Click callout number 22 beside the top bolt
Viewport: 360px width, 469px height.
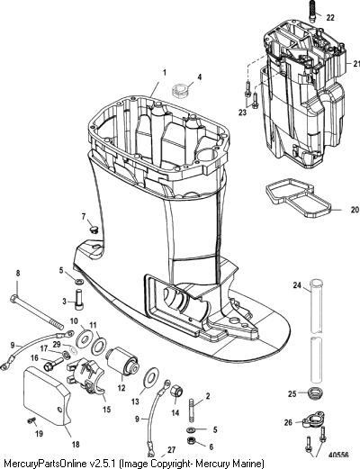(330, 18)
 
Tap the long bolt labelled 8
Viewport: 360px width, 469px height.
(37, 312)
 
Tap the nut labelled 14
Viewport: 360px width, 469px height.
(175, 393)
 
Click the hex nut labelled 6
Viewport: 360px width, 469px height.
(190, 441)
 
